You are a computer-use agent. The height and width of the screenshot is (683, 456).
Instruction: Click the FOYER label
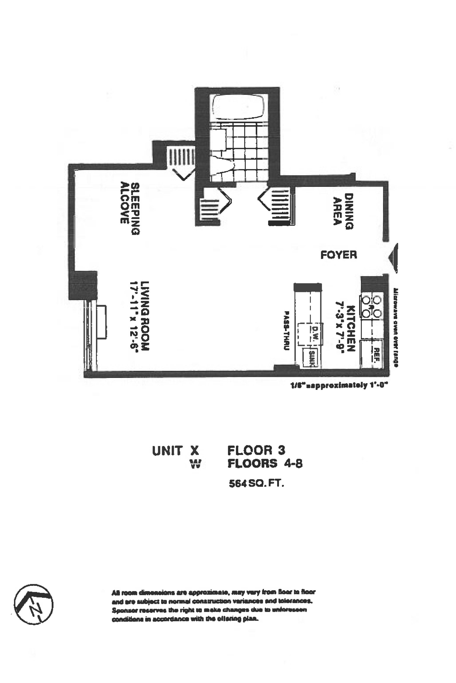pyautogui.click(x=339, y=255)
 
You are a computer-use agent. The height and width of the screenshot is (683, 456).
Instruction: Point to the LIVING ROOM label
pyautogui.click(x=145, y=316)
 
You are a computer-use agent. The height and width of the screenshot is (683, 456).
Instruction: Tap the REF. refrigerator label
pyautogui.click(x=376, y=355)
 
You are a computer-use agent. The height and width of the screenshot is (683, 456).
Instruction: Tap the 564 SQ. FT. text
pyautogui.click(x=256, y=484)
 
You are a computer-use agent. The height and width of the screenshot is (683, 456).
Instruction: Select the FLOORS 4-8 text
pyautogui.click(x=265, y=464)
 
